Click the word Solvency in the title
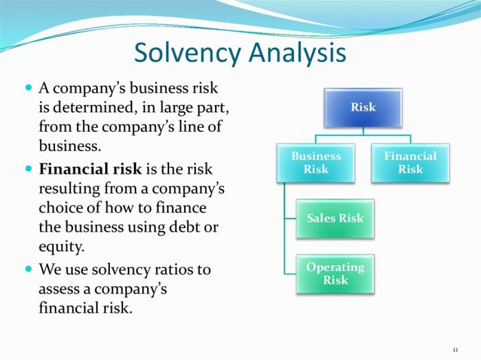click(x=187, y=53)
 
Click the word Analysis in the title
click(x=298, y=53)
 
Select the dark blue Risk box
click(x=363, y=108)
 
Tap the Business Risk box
click(x=315, y=163)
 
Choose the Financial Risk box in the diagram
click(x=410, y=163)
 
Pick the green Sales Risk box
click(x=335, y=218)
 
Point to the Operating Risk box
click(x=335, y=274)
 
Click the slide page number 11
click(x=455, y=350)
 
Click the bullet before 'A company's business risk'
click(x=29, y=88)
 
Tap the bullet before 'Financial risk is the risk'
click(x=29, y=168)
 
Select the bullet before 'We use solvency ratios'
click(x=29, y=269)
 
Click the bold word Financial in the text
click(x=69, y=169)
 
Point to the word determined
click(x=93, y=107)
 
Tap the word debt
click(x=184, y=227)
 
